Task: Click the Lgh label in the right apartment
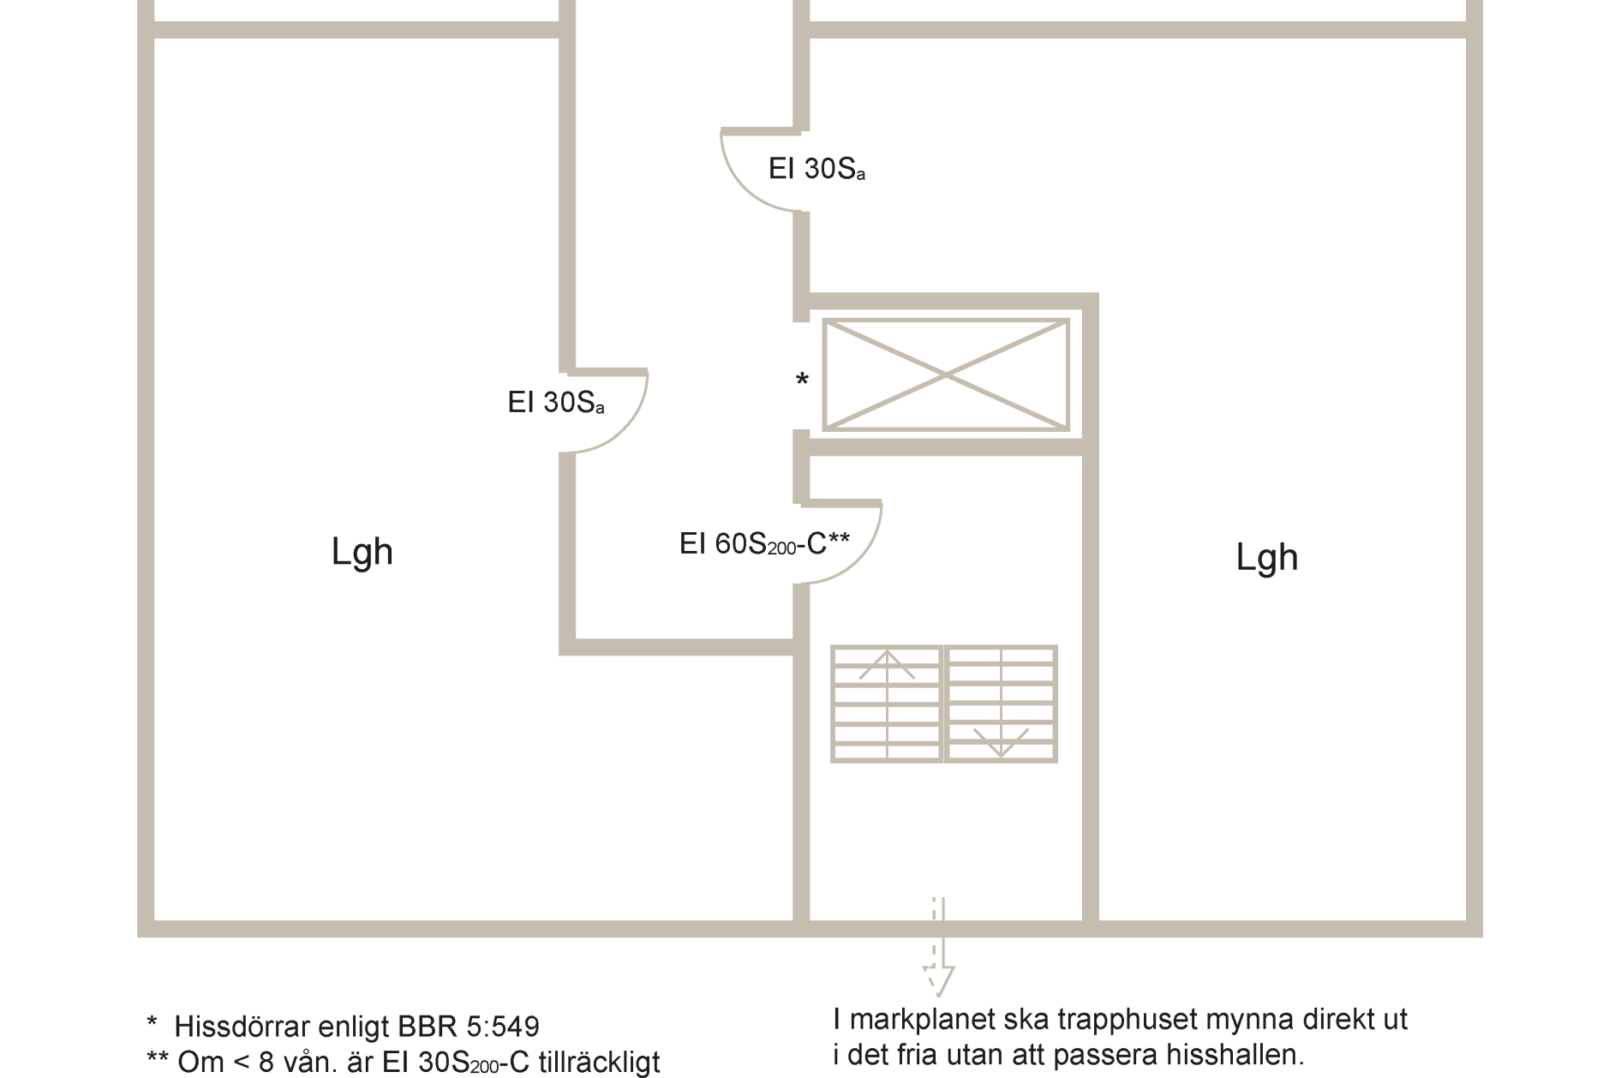point(1266,558)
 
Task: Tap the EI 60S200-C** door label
point(764,543)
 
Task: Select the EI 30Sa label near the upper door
point(816,169)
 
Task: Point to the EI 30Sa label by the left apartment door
point(556,403)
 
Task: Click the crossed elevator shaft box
point(946,374)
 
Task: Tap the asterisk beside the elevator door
point(802,378)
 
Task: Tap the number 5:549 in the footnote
point(503,1027)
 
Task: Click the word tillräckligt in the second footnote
point(599,1063)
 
